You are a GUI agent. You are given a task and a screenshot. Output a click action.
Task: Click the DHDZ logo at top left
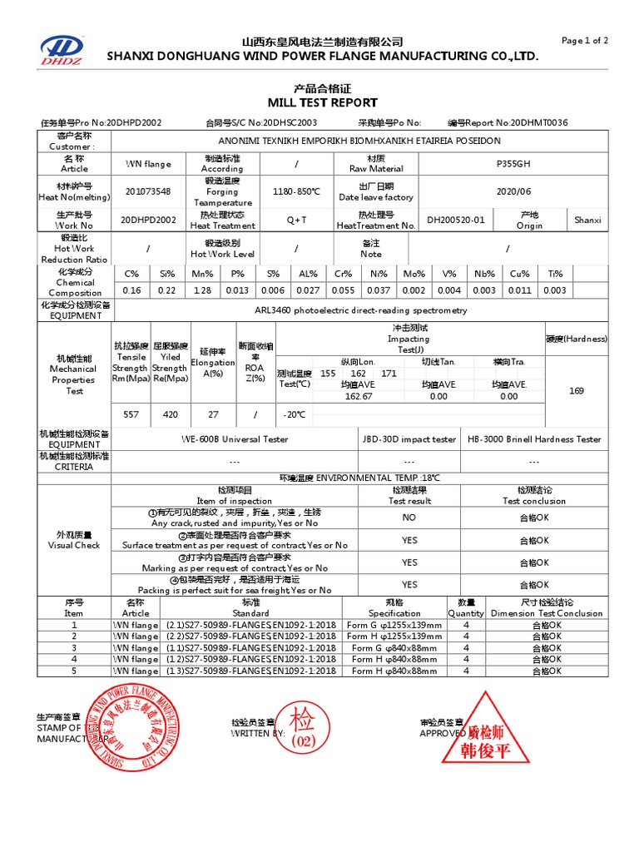pos(63,50)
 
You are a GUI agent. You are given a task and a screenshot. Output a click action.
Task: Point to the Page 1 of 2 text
pos(585,41)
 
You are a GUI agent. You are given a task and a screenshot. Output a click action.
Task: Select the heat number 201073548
pos(147,191)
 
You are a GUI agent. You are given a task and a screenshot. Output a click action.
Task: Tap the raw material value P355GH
pos(513,164)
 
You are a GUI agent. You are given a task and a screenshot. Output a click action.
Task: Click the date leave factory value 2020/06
pos(513,191)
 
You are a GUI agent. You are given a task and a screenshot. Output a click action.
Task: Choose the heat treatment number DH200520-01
pos(455,220)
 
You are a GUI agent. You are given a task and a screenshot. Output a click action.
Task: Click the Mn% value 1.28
pos(202,290)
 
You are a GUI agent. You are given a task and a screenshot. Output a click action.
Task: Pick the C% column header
pos(131,274)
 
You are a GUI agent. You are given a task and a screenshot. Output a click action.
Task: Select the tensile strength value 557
pos(131,414)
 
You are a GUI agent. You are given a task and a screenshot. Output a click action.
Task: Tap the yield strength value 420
pos(170,414)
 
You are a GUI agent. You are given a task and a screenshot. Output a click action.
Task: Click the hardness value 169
pos(576,390)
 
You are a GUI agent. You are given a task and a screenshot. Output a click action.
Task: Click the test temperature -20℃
pos(295,414)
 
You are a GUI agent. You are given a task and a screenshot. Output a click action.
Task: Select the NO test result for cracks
pos(409,518)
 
